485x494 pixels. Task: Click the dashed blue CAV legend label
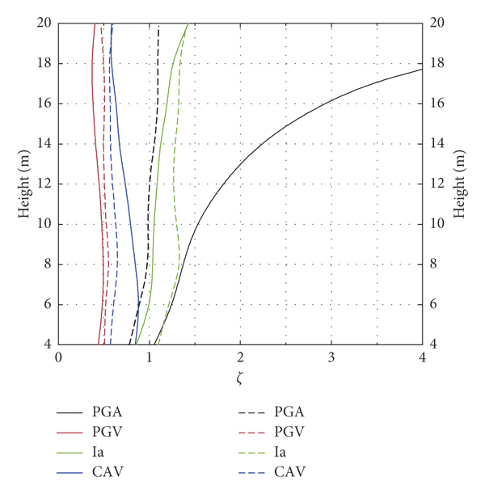coord(291,471)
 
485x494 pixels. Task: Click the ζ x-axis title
coord(240,377)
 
